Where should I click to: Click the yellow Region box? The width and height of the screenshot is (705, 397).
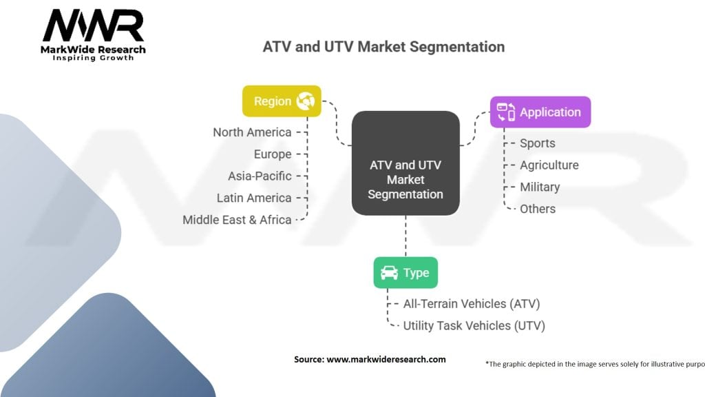pos(282,101)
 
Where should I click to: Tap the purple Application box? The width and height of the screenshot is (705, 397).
pos(540,112)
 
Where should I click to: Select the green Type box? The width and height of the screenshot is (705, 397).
pos(406,273)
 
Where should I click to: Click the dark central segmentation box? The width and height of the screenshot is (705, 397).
pos(406,163)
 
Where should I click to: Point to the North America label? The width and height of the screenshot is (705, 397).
pos(252,132)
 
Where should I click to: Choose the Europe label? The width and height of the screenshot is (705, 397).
pos(273,154)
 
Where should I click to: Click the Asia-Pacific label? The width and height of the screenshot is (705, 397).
pos(260,176)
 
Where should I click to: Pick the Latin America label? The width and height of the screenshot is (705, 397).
pos(254,198)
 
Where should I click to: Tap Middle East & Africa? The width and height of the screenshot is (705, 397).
pos(237,220)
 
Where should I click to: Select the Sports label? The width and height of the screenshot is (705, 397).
pos(538,143)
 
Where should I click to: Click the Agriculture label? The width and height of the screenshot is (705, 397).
pos(549,165)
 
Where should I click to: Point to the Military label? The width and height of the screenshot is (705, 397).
pos(540,187)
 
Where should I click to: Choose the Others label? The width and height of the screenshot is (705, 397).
pos(538,209)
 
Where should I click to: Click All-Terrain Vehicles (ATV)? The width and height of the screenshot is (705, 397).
pos(472,304)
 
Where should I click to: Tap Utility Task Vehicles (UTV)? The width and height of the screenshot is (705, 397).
pos(474,326)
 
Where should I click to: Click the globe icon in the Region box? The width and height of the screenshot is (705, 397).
pos(306,101)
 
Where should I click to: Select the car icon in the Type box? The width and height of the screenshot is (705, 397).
pos(390,273)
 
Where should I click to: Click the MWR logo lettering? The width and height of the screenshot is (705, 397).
pos(94,26)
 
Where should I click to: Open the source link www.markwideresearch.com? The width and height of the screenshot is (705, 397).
pos(386,360)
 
